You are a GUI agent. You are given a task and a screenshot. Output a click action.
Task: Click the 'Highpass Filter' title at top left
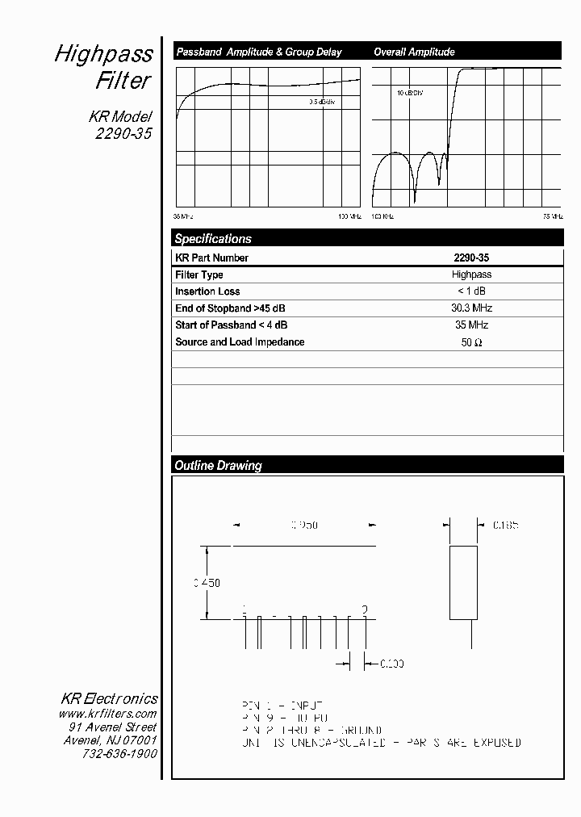103,67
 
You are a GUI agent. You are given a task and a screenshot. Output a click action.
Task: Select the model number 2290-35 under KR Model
123,134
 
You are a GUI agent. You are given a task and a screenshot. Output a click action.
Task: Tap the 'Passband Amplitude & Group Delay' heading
259,52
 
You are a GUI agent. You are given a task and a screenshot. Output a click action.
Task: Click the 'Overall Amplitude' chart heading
414,52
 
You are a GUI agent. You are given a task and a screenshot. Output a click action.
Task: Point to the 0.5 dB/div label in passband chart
322,103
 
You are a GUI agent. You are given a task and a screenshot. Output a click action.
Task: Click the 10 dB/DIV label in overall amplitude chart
409,93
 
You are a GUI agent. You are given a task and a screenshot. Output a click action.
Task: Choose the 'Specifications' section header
213,239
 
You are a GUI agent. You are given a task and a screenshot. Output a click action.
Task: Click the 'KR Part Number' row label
211,258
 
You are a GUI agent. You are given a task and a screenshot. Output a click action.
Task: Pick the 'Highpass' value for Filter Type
471,274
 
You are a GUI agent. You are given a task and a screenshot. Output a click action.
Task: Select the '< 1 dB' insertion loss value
471,291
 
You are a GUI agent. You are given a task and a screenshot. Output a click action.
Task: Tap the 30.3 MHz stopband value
471,308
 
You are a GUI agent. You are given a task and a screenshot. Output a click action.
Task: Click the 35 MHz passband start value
471,325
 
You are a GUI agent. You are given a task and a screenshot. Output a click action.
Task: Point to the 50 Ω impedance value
471,342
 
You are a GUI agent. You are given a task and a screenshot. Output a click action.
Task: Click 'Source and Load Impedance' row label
240,342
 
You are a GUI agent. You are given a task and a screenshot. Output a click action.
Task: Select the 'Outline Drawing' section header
218,466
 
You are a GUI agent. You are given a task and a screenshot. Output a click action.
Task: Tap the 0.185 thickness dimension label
506,525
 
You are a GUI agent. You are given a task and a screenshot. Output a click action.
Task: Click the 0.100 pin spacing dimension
391,664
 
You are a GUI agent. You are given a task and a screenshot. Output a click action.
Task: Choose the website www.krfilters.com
107,714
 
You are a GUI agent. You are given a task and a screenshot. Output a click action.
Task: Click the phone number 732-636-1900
119,753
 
